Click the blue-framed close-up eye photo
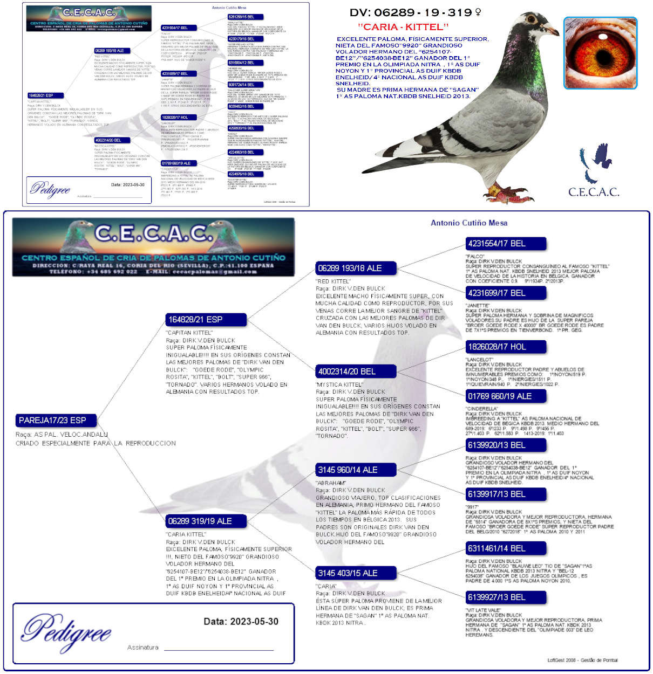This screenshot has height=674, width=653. (x=600, y=53)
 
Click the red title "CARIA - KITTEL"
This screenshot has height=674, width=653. (x=403, y=26)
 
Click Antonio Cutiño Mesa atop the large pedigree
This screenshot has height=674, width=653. (x=468, y=223)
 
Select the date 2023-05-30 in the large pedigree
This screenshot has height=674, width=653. (x=241, y=622)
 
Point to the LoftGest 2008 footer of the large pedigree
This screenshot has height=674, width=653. (x=582, y=660)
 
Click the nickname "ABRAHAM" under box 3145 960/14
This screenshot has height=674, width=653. (x=331, y=483)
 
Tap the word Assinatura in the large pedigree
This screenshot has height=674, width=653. (x=143, y=648)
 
